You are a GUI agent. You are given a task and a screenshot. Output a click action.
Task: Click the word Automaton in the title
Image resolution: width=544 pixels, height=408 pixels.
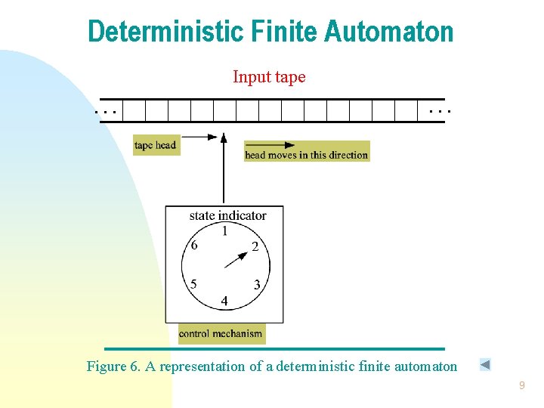click(x=390, y=32)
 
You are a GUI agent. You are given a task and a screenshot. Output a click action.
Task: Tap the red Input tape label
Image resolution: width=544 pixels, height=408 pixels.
click(x=269, y=77)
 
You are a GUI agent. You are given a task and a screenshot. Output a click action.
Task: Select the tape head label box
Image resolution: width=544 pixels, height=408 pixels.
click(x=156, y=145)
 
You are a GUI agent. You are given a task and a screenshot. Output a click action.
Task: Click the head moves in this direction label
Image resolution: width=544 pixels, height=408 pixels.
click(x=306, y=155)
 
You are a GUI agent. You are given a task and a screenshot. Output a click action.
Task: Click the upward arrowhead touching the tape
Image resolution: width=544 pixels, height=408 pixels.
click(x=223, y=137)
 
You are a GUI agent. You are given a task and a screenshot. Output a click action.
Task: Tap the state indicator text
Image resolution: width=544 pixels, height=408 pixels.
click(x=227, y=215)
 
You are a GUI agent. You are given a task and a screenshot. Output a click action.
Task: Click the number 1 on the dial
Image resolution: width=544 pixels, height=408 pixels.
click(x=224, y=231)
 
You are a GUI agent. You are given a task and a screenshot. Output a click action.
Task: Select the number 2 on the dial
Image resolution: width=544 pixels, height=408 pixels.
click(x=255, y=246)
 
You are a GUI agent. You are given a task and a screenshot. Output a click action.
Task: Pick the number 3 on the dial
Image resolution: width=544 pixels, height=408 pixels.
click(x=257, y=285)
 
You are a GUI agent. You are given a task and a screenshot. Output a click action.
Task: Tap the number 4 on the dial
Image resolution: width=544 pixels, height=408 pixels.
click(x=224, y=301)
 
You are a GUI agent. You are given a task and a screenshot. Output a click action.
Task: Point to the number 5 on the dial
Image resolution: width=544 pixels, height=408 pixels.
click(x=193, y=285)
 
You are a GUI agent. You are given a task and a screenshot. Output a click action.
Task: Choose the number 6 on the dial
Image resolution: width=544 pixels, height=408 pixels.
click(x=194, y=246)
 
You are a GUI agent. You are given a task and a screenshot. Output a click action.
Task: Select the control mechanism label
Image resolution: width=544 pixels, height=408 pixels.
click(x=221, y=333)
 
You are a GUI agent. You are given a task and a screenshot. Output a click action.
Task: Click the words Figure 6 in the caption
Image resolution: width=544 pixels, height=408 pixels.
click(x=113, y=366)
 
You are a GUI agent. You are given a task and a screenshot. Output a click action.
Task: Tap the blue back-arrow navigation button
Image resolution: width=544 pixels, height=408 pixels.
click(x=485, y=365)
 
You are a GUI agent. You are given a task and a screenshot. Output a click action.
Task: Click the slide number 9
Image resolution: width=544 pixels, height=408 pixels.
click(x=521, y=386)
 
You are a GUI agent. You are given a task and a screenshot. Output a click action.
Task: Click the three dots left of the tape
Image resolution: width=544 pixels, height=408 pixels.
click(x=105, y=111)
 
